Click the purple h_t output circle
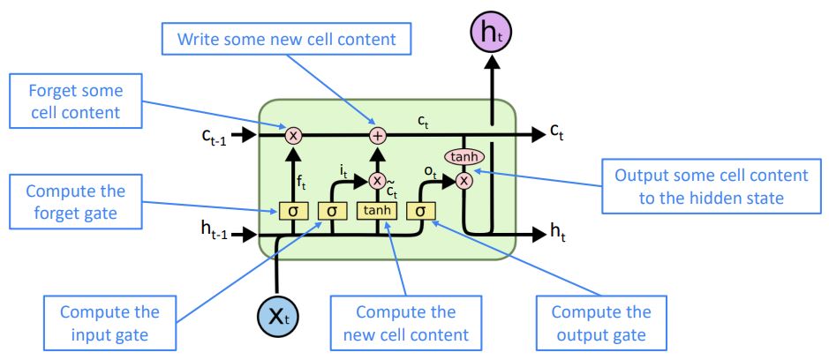tap(491, 34)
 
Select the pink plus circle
tap(378, 135)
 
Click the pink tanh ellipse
tap(464, 156)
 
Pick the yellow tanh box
tap(377, 210)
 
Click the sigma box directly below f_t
tap(292, 211)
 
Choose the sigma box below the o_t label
tap(420, 211)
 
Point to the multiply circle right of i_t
tap(377, 181)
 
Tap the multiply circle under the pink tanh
tap(463, 181)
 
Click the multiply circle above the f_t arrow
tap(293, 135)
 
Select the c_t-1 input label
tap(214, 137)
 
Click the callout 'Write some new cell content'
tap(287, 39)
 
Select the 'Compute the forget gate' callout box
tap(76, 202)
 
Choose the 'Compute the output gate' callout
tap(601, 322)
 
